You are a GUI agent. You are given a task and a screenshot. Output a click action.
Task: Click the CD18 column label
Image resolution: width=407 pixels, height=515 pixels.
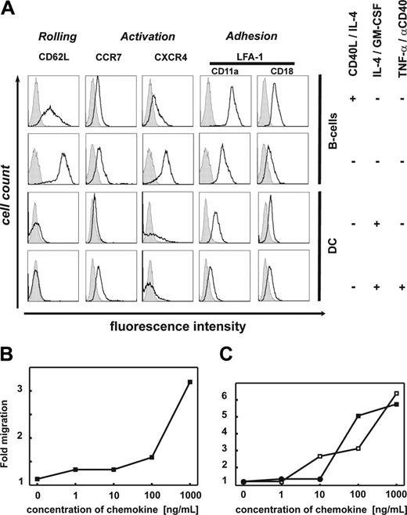coord(281,70)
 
